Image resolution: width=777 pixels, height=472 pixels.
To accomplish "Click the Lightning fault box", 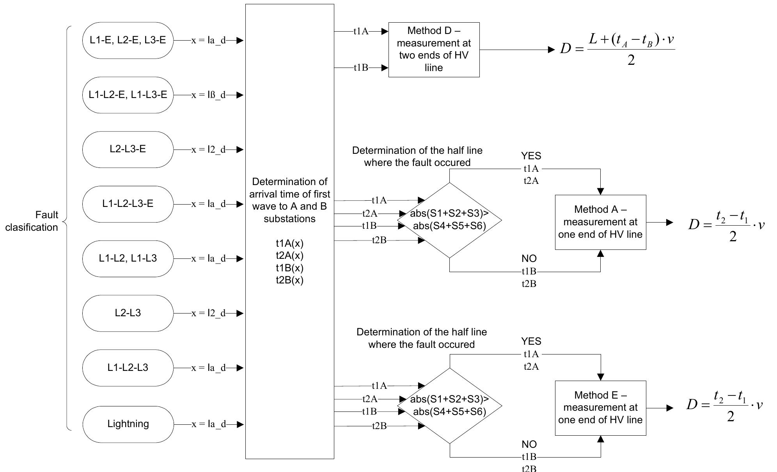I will pos(128,424).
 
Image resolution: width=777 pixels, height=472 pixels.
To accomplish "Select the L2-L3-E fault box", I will pos(128,150).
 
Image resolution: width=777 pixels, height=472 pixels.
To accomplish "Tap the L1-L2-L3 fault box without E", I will pos(128,368).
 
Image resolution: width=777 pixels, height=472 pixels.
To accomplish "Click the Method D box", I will pos(434,50).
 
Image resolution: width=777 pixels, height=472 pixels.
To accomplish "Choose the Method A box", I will pos(600,222).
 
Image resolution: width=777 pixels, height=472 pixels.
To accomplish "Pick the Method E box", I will pos(600,408).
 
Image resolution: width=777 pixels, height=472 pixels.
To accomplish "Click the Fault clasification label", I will pos(32,221).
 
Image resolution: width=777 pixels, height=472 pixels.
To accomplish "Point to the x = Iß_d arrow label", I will pos(208,95).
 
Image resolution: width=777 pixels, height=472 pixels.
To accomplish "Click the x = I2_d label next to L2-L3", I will pos(208,313).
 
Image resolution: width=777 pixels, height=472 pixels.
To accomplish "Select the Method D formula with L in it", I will pos(617,50).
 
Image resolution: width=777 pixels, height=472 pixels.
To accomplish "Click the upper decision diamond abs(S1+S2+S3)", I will pos(449,220).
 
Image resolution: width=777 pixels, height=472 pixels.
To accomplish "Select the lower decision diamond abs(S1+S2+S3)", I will pos(449,406).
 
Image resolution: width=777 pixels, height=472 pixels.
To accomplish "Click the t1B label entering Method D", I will pos(361,68).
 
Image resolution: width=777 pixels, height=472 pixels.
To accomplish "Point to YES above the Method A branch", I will pos(531,156).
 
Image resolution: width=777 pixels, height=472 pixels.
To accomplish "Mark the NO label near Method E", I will pos(529,444).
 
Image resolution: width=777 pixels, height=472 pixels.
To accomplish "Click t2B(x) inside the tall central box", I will pos(289,280).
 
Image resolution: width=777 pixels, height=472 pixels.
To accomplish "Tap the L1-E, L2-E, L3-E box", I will pos(128,40).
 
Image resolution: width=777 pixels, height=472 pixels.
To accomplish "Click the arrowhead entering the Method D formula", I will pos(551,50).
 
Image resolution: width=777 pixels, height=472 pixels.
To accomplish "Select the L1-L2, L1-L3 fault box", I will pos(128,258).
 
